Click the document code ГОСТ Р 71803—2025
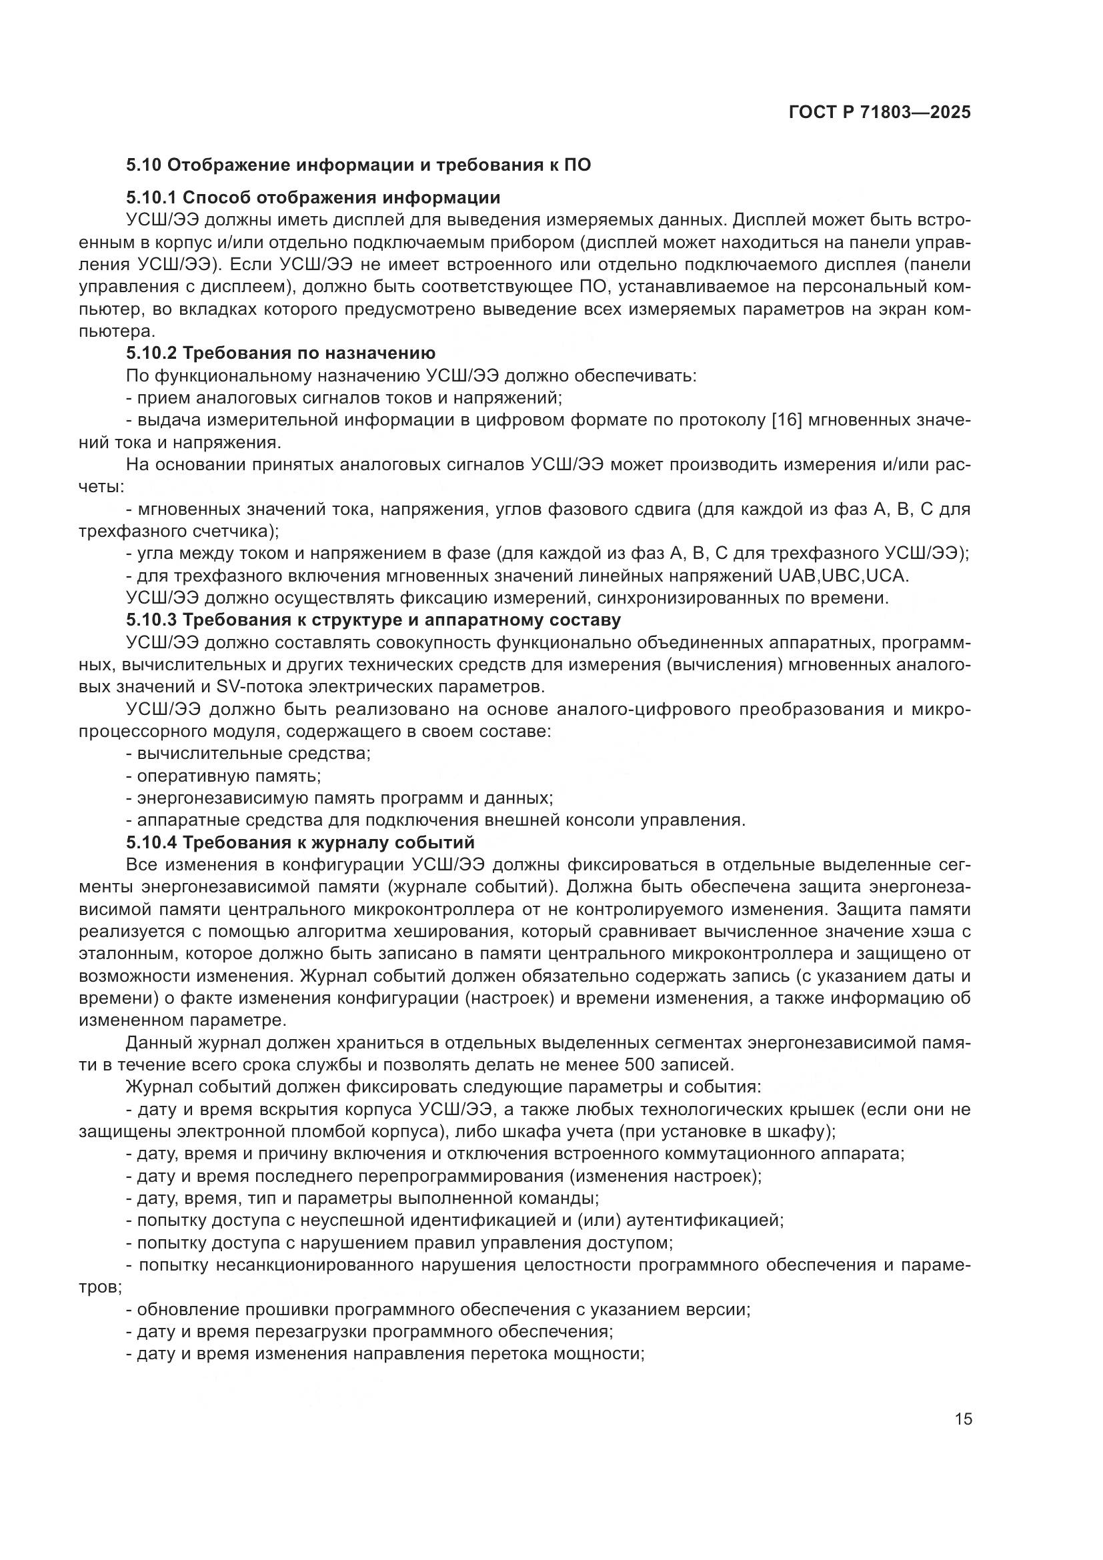point(880,113)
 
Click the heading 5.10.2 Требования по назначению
point(281,353)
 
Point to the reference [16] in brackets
point(787,420)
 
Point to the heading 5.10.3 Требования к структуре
point(373,620)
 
